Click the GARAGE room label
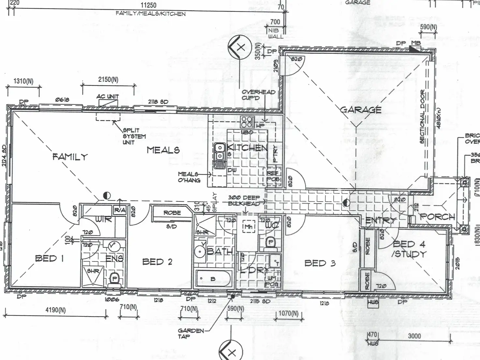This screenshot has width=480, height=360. tap(361, 110)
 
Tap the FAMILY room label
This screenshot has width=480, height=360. tap(70, 157)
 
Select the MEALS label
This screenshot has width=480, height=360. tap(163, 150)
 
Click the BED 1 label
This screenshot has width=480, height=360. tap(49, 259)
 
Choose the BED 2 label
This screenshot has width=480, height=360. tap(157, 262)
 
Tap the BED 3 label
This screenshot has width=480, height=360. tap(320, 263)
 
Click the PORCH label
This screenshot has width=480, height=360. tap(437, 217)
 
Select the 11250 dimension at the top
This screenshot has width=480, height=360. tap(148, 5)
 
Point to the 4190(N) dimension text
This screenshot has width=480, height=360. tap(55, 310)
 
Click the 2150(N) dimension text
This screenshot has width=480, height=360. tap(108, 80)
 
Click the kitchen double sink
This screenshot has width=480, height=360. tap(220, 156)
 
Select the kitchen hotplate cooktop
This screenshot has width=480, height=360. tap(247, 122)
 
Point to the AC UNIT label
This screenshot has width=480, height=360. tap(108, 97)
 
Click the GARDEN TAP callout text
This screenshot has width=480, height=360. tap(191, 333)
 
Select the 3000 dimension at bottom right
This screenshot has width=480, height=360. tap(414, 336)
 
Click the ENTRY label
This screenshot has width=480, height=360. tap(380, 221)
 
